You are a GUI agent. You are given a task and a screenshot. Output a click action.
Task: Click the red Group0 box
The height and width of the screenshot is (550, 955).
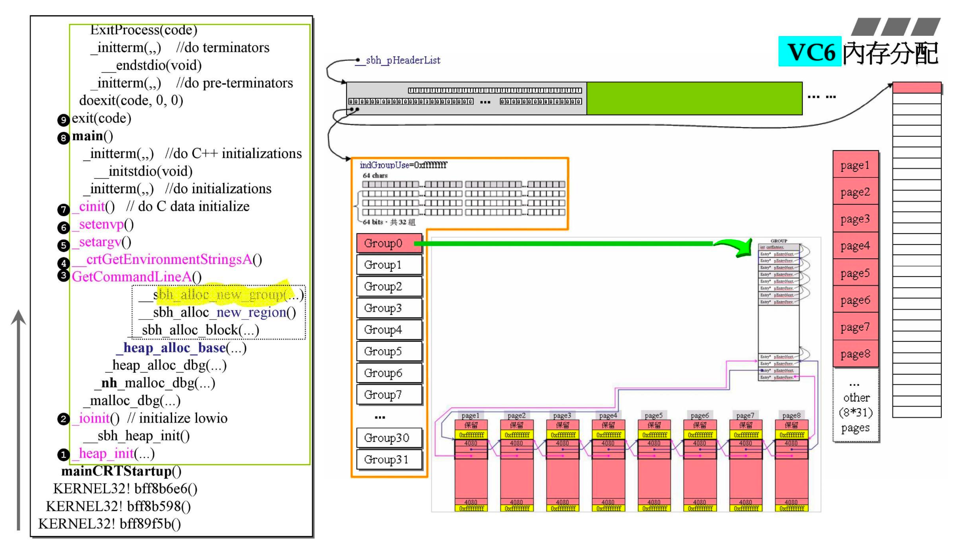point(389,243)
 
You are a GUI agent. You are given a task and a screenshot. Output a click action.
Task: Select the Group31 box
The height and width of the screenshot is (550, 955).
point(389,460)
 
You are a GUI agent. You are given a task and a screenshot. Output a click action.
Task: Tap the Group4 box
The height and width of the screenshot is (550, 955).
point(389,330)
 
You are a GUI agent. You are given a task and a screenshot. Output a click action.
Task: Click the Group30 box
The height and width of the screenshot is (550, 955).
point(389,438)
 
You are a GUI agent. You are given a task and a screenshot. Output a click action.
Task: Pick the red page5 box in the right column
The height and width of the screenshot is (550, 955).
point(855,273)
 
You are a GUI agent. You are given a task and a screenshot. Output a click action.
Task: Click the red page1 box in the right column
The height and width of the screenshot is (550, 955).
point(855,165)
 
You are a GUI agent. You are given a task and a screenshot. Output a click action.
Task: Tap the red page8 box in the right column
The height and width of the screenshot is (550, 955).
point(855,354)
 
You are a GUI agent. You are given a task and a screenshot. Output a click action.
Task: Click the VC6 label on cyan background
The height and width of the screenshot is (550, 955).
point(809,52)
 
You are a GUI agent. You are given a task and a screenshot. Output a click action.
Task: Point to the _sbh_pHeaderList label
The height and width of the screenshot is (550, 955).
point(403,61)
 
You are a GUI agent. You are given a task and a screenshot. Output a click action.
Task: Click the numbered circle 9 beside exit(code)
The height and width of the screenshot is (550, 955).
point(63,120)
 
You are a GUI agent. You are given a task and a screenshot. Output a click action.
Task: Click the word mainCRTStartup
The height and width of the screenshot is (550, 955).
point(116,471)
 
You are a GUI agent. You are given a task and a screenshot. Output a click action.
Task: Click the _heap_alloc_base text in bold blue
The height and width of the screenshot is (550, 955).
point(174,347)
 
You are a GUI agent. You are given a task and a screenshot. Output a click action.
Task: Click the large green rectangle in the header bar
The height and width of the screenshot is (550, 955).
point(694,98)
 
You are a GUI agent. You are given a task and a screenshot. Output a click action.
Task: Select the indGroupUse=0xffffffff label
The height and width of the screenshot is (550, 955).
point(403,165)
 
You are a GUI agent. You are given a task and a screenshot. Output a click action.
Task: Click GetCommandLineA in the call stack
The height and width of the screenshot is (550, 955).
point(132,277)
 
